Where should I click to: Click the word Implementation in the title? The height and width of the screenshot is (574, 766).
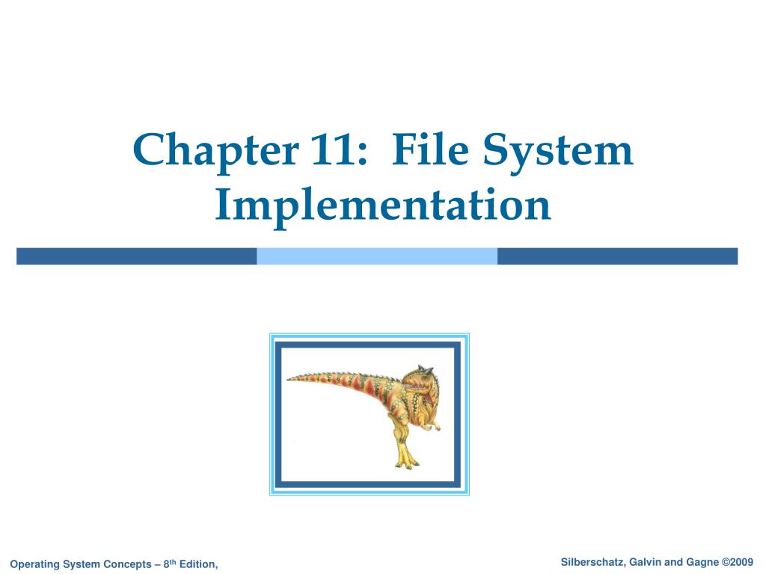383,206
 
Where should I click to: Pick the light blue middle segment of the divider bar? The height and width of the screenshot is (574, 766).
377,256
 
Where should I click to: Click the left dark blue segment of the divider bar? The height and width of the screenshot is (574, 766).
136,256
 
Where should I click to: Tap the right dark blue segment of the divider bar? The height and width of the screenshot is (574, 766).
617,256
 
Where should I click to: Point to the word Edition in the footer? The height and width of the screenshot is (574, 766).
197,564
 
